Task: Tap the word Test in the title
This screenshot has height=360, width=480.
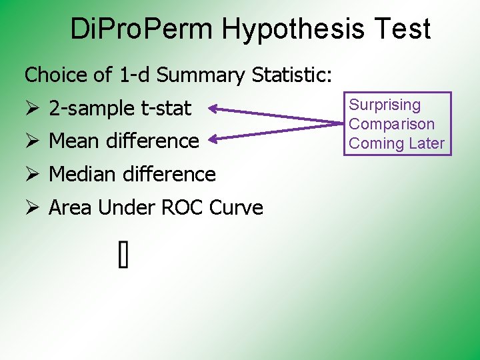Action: tap(406, 29)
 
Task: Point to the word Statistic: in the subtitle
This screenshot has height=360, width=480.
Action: tap(292, 75)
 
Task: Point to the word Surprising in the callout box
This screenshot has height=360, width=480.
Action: tap(385, 105)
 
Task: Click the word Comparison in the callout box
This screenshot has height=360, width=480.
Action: tap(392, 124)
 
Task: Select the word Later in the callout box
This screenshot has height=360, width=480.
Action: tap(427, 143)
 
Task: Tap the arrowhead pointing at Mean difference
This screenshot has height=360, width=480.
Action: tap(215, 139)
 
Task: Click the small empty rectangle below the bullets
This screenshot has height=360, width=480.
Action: tap(123, 255)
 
